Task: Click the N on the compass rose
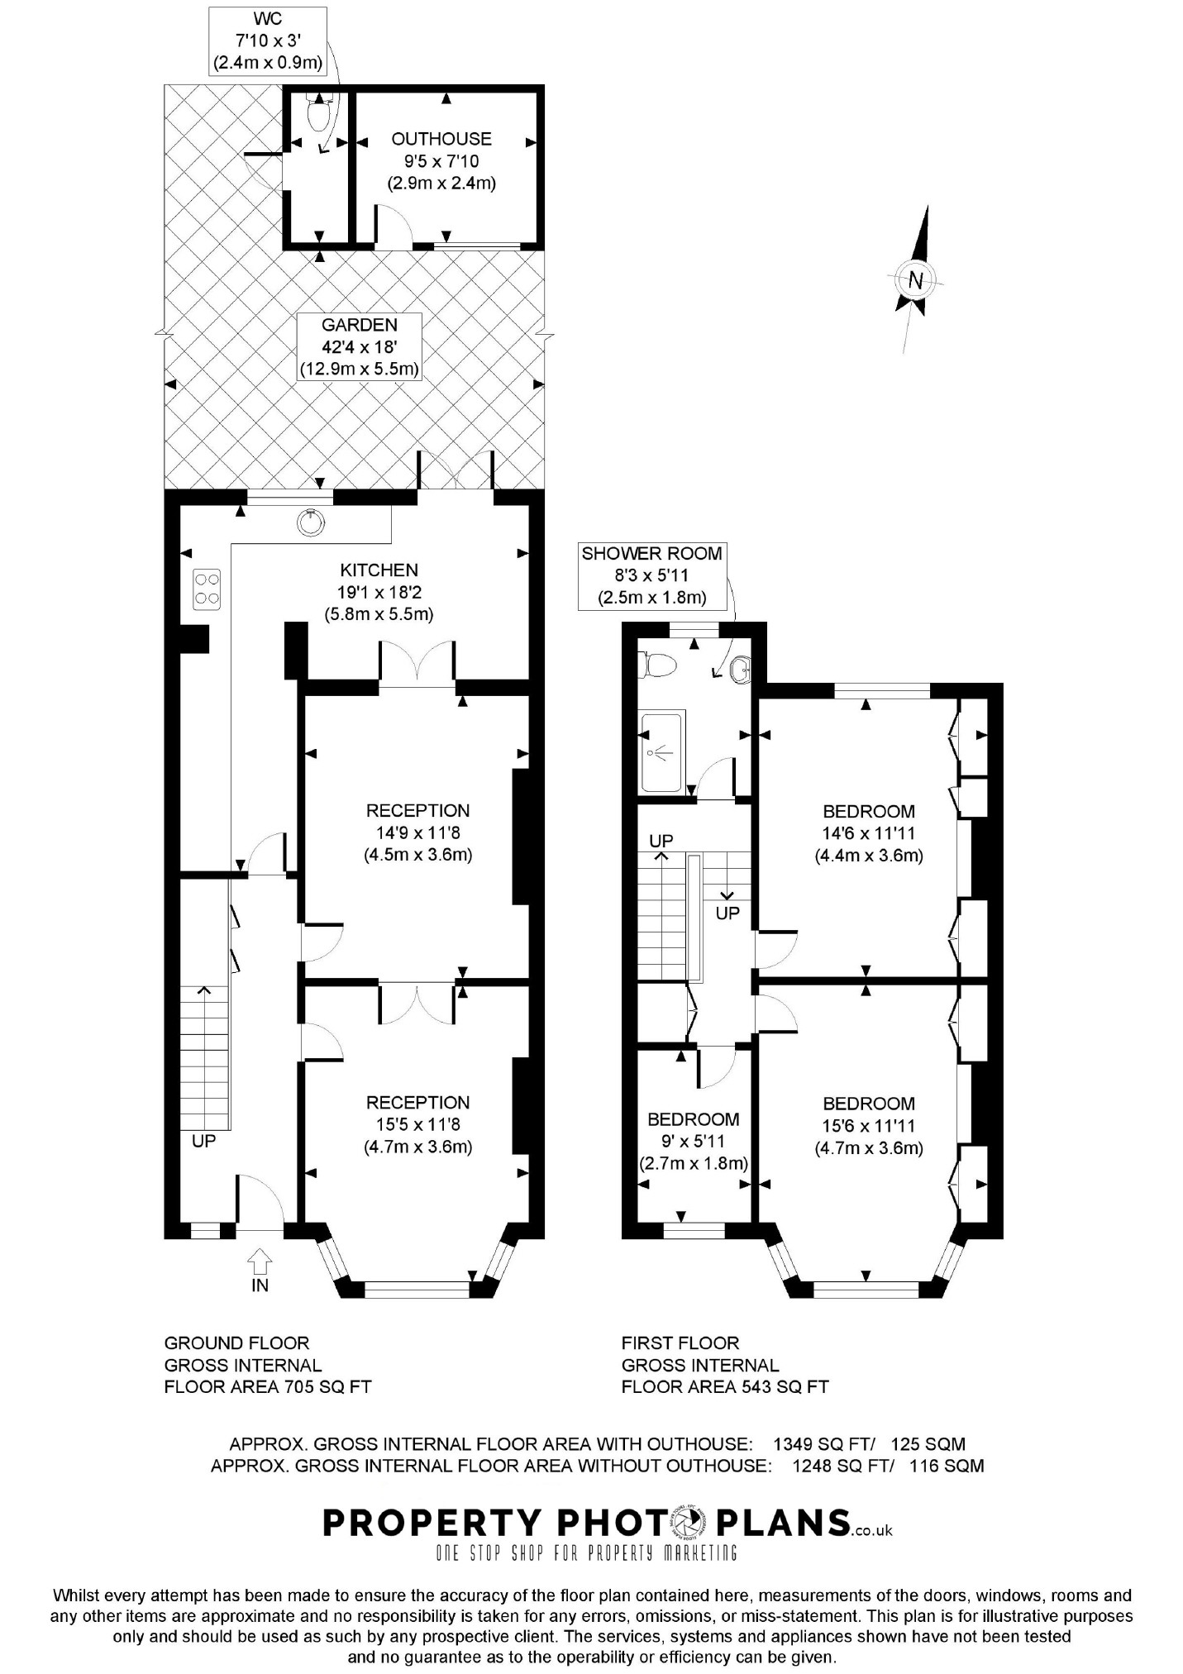(914, 279)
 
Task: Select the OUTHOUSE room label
(441, 139)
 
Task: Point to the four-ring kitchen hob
(206, 589)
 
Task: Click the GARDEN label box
(360, 347)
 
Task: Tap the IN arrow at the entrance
(260, 1261)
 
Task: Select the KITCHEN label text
(379, 570)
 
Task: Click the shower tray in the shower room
(661, 751)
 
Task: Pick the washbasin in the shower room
(741, 669)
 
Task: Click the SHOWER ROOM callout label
(652, 575)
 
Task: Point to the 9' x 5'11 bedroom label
(693, 1142)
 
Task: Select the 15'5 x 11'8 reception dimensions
(418, 1124)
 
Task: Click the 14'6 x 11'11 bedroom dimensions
(869, 833)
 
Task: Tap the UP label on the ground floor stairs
(203, 1141)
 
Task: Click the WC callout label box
(267, 40)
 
